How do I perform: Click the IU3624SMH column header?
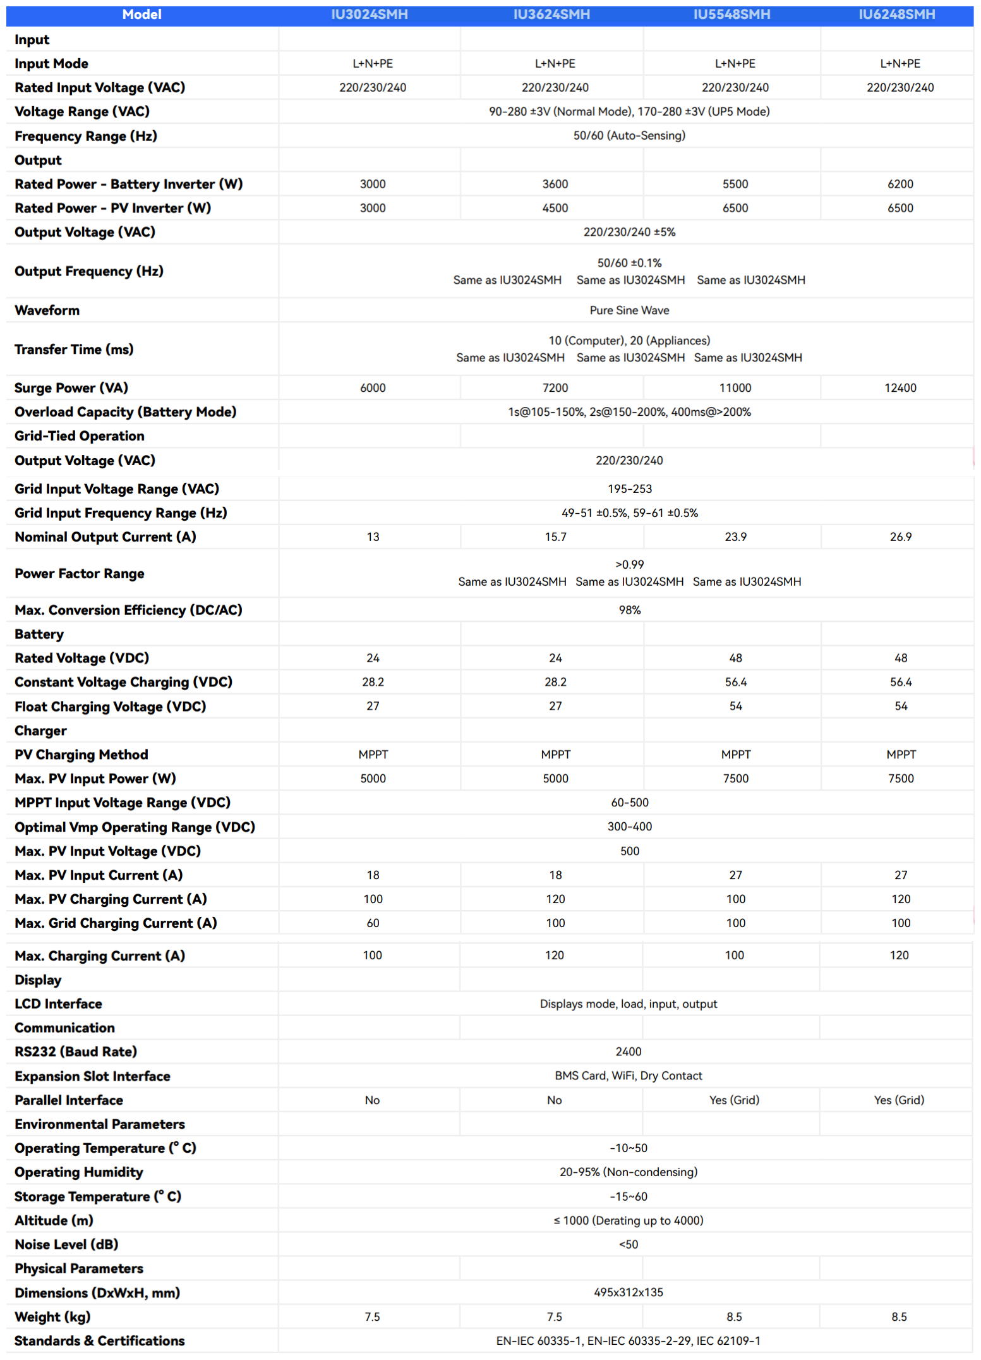coord(551,15)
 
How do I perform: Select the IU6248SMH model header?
coord(896,15)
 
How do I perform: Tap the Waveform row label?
coord(47,310)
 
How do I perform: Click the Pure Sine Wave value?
coord(629,310)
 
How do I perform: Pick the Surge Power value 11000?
coord(735,388)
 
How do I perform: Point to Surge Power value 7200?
coord(555,388)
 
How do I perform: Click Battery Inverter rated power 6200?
coord(900,184)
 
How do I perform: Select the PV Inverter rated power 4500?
coord(555,208)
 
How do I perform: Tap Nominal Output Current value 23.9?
coord(735,537)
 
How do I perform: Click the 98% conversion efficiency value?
coord(629,610)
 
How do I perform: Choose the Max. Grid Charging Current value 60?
coord(373,923)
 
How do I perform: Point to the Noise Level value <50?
coord(629,1244)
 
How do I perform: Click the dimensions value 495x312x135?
coord(629,1292)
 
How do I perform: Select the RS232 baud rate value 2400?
coord(629,1052)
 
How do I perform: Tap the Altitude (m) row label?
coord(54,1220)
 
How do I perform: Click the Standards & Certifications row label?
coord(100,1341)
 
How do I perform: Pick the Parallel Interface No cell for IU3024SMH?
coord(372,1100)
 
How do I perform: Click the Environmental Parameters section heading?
coord(100,1124)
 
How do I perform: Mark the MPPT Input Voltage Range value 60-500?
coord(630,803)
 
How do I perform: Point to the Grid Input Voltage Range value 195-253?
coord(630,489)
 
